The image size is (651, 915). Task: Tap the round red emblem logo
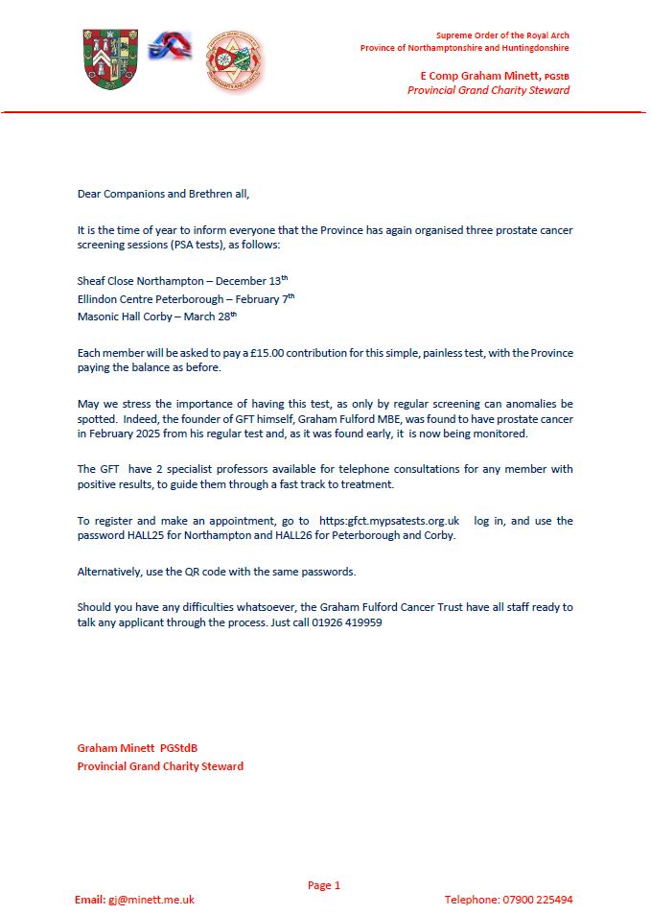(235, 62)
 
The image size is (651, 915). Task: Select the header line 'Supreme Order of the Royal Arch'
(502, 35)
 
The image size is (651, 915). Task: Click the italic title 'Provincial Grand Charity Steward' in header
(488, 90)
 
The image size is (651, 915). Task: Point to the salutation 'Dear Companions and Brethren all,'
(163, 194)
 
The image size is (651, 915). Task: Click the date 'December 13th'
(251, 282)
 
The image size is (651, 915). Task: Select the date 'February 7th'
(260, 299)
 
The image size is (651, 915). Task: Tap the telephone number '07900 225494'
(538, 900)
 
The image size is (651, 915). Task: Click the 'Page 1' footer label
(324, 885)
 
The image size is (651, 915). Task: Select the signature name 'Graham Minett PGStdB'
(137, 748)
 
